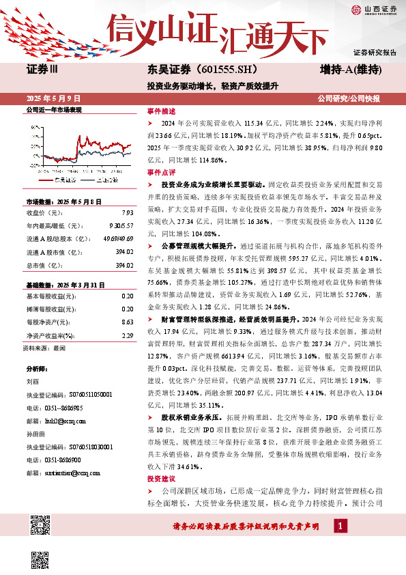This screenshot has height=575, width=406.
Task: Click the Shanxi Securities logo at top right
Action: pyautogui.click(x=373, y=9)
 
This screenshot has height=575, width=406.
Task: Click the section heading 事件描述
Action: pyautogui.click(x=162, y=111)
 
